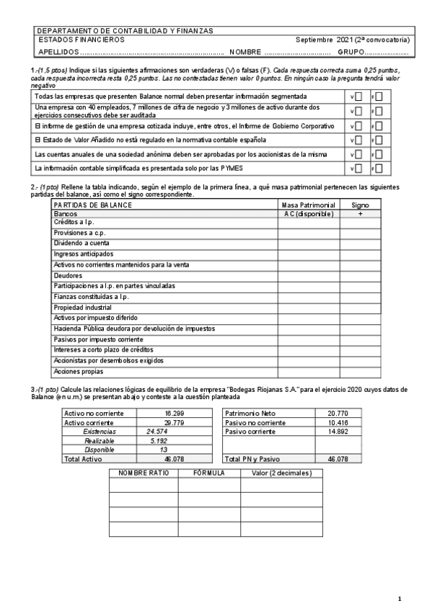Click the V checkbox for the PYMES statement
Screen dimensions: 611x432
click(358, 169)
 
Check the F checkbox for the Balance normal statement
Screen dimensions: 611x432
click(378, 97)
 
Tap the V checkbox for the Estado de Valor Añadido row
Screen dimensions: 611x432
click(358, 140)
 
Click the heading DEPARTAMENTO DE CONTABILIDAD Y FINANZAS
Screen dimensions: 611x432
click(125, 31)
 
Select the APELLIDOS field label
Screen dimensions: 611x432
click(57, 53)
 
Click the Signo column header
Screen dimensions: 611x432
click(359, 205)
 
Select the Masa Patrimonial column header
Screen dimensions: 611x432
click(309, 205)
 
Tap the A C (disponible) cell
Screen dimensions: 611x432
click(309, 214)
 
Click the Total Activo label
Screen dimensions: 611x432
click(84, 459)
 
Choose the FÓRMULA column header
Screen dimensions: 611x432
click(209, 473)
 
